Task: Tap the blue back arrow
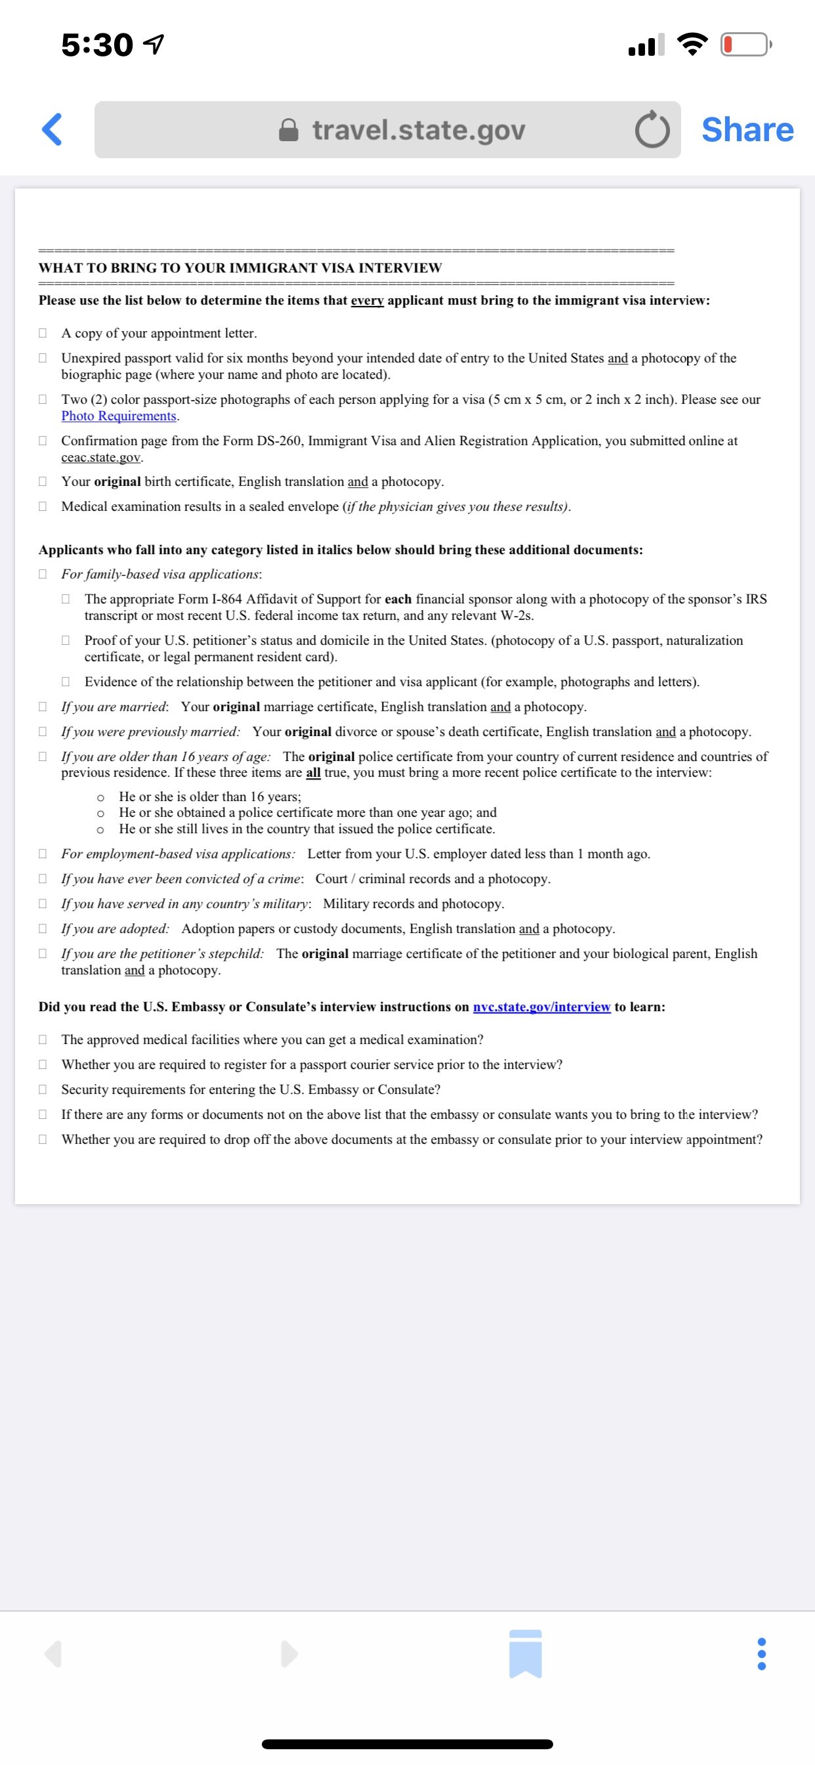pos(52,129)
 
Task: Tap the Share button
pos(747,129)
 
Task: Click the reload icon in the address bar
pos(652,130)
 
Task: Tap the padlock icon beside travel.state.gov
pos(289,130)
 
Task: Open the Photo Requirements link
pos(119,416)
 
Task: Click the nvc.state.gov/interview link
pos(541,1007)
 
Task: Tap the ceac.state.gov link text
pos(100,457)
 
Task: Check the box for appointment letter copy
pos(43,333)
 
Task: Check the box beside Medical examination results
pos(43,506)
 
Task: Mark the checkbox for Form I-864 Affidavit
pos(66,599)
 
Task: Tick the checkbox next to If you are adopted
pos(43,928)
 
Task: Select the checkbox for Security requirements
pos(43,1089)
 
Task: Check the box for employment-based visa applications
pos(43,854)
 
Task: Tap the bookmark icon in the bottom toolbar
pos(526,1653)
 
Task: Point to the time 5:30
pos(96,45)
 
